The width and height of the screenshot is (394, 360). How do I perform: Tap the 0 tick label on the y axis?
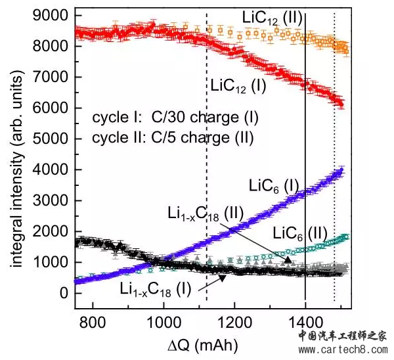point(64,293)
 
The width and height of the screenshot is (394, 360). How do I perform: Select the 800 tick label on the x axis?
point(93,323)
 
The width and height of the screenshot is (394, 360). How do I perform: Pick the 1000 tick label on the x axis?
point(163,323)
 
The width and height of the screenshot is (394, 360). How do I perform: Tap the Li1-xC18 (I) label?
point(156,288)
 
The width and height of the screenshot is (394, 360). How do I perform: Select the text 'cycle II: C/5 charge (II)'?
point(175,137)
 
